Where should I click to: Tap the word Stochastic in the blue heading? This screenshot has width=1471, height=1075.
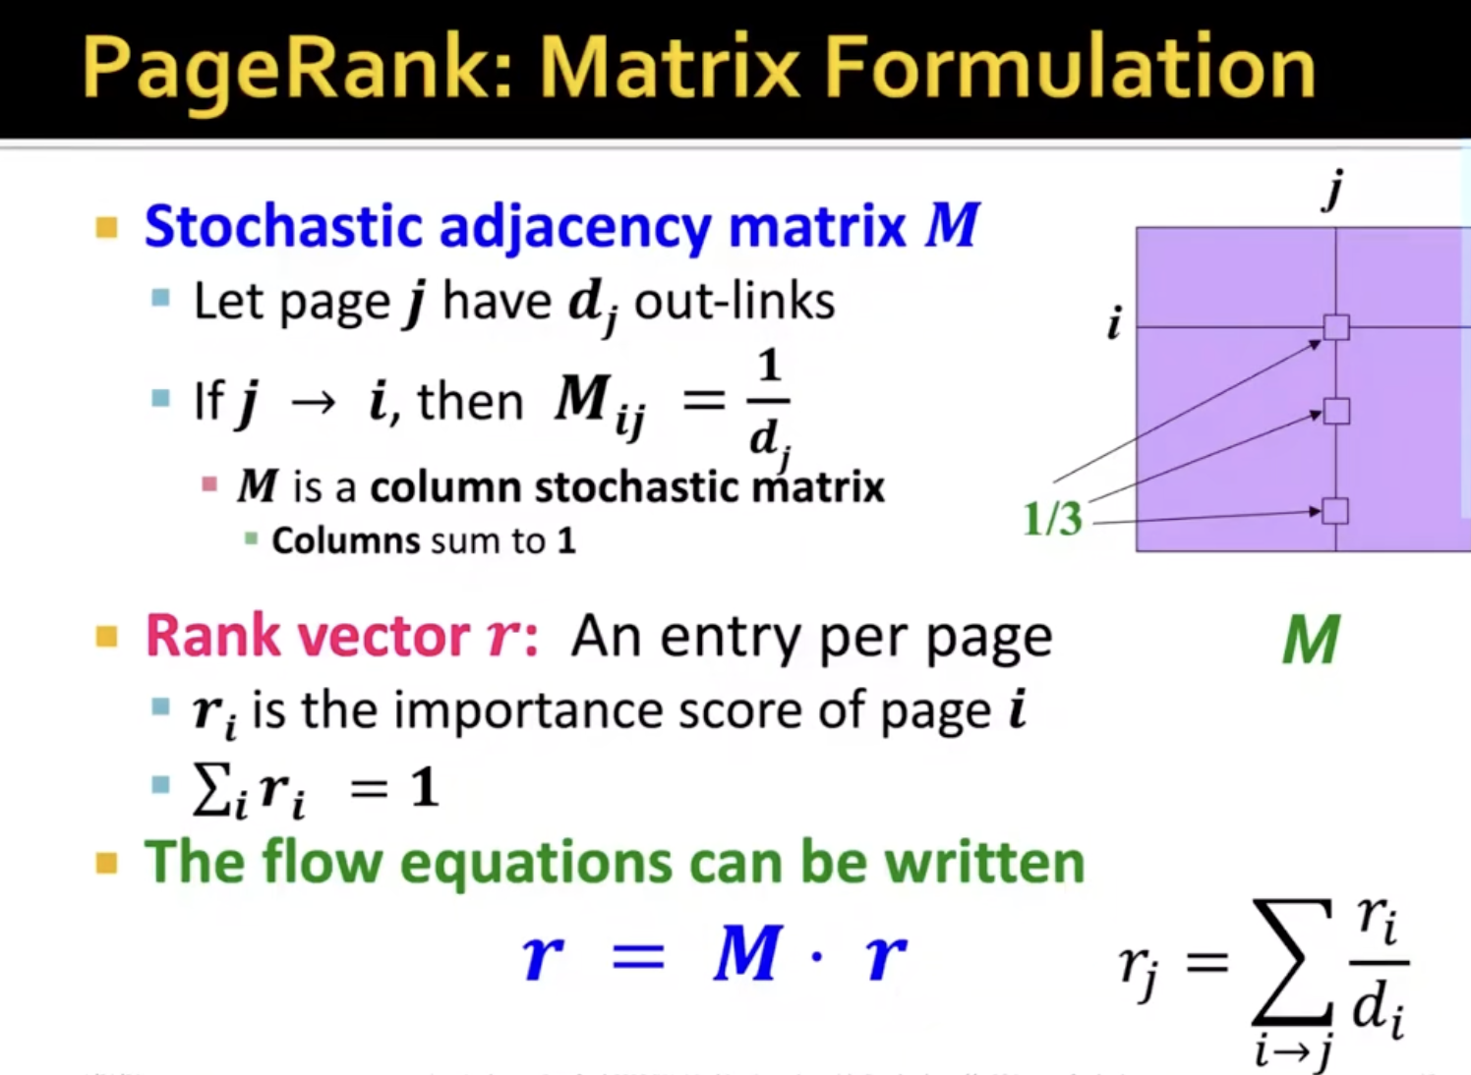pos(283,226)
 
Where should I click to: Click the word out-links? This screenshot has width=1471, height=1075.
pos(735,303)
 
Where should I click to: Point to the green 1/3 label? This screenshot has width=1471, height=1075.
pos(1053,520)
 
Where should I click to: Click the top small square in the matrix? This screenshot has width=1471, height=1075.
pos(1335,327)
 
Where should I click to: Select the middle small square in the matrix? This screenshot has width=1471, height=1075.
pos(1335,411)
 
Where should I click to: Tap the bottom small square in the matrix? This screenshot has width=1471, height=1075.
pos(1335,511)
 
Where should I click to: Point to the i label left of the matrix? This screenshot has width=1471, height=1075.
pos(1114,324)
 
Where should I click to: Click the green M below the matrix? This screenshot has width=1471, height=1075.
pos(1311,640)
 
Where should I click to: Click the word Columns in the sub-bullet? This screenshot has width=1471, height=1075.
pos(345,540)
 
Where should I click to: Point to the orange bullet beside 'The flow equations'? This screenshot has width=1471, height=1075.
pos(106,863)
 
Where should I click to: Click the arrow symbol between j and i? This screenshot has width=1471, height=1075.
pos(315,402)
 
